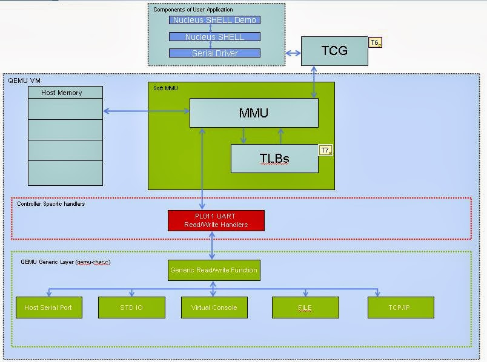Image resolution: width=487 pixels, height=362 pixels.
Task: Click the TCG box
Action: [x=334, y=51]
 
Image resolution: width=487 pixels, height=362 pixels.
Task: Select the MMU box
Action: [x=254, y=113]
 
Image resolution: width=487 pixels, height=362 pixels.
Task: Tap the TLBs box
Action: [x=274, y=159]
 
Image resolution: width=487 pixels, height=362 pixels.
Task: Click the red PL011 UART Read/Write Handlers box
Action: [x=216, y=220]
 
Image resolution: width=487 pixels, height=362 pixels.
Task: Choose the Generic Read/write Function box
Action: [x=214, y=270]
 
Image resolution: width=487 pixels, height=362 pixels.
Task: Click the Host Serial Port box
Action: [x=48, y=308]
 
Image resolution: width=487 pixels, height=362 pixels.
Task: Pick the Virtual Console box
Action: [x=214, y=308]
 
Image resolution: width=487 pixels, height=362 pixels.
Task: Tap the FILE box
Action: [x=305, y=308]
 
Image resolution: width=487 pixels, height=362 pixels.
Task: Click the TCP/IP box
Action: [x=400, y=308]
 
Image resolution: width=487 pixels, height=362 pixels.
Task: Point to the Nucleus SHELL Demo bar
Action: [x=214, y=20]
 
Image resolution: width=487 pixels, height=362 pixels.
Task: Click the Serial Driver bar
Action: [x=214, y=53]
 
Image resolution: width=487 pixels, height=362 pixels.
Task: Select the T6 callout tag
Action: [x=376, y=42]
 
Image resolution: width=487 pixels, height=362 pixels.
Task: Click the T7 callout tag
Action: [x=326, y=150]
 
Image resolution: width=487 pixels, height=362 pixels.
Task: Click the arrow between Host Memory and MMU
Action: [x=146, y=111]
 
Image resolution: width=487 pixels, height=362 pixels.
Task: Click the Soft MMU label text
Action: [x=165, y=88]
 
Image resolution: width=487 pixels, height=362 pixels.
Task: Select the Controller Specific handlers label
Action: [x=51, y=204]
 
